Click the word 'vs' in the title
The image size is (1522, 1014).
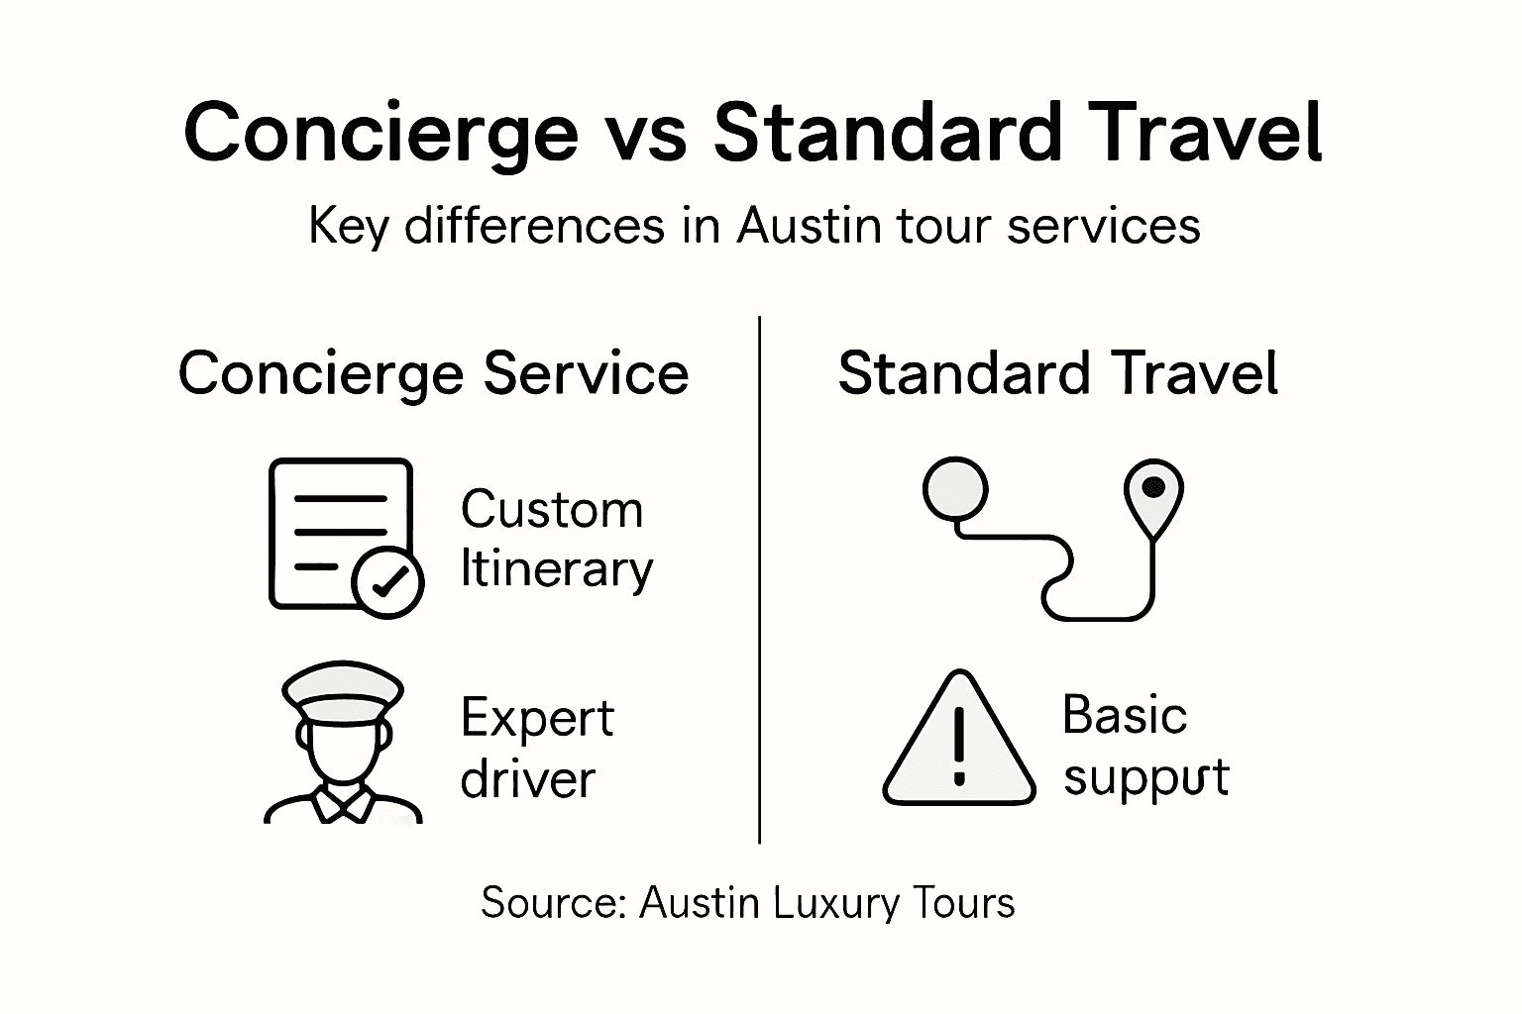click(x=645, y=134)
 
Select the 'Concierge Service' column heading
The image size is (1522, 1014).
click(x=433, y=374)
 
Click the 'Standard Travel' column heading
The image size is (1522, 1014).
click(x=1057, y=374)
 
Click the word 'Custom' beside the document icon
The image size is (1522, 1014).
click(x=552, y=511)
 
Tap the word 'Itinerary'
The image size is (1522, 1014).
click(x=557, y=570)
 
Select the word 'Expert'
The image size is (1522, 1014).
click(x=537, y=720)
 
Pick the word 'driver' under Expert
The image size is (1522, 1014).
click(x=527, y=779)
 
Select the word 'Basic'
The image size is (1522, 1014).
click(x=1124, y=715)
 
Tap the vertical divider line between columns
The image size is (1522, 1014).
click(x=759, y=579)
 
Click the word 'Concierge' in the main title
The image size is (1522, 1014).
click(x=380, y=134)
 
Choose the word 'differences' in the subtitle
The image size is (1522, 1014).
click(x=535, y=226)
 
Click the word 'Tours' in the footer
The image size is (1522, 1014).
click(x=964, y=903)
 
